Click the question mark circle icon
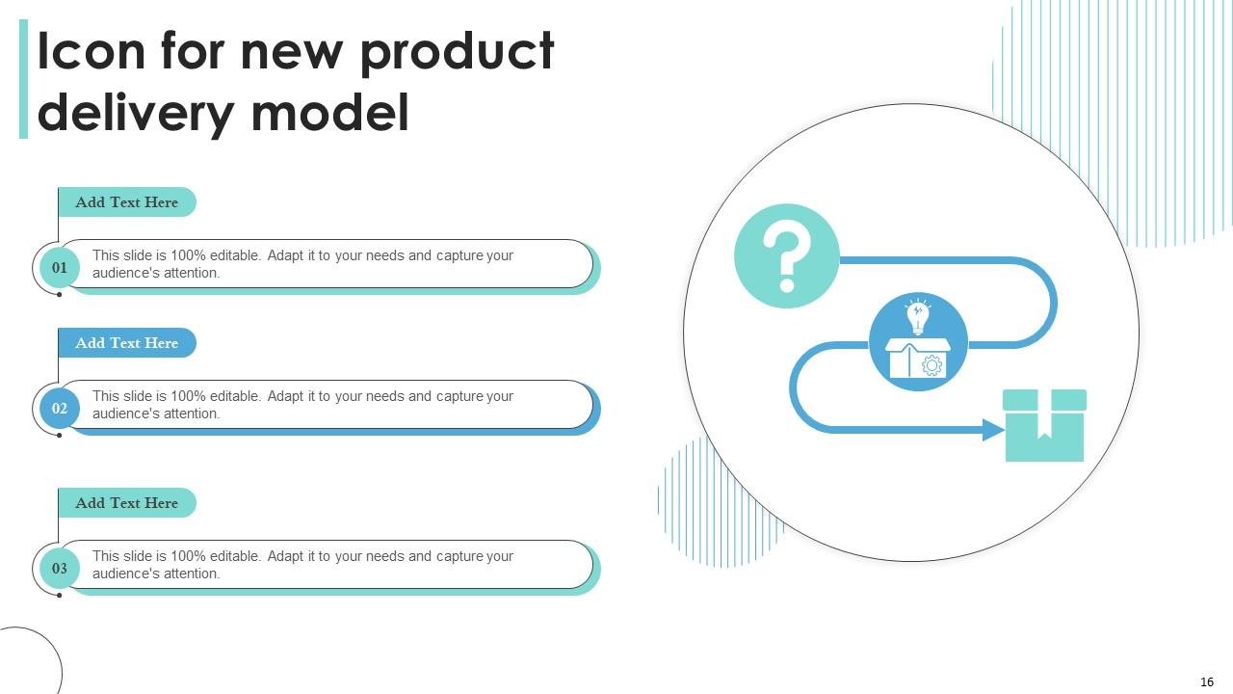click(x=786, y=256)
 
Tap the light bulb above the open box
click(x=917, y=316)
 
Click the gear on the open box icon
click(x=931, y=365)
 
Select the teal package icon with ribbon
click(x=1044, y=425)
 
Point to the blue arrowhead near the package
click(x=993, y=430)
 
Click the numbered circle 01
click(x=60, y=267)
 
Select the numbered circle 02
click(x=60, y=408)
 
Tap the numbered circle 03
click(x=60, y=568)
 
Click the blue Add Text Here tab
click(x=126, y=343)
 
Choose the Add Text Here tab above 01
click(x=126, y=202)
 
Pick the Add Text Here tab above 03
click(x=126, y=503)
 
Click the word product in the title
click(x=458, y=52)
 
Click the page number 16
click(x=1207, y=681)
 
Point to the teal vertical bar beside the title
click(x=23, y=80)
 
